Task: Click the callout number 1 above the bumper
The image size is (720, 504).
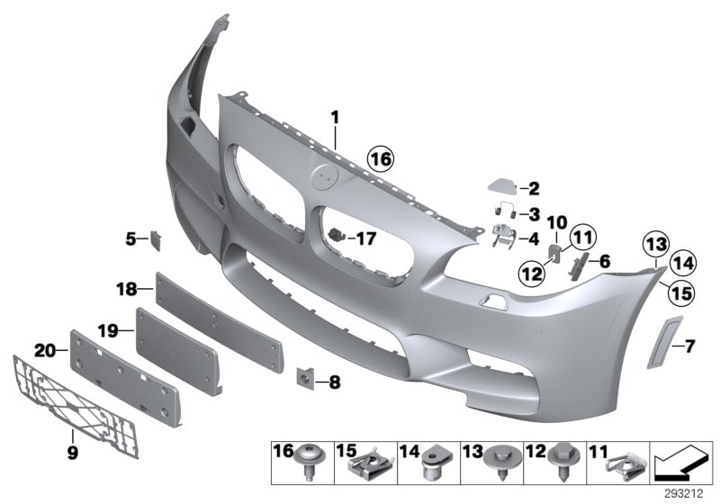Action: click(334, 117)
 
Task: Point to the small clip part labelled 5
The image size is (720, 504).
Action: click(156, 238)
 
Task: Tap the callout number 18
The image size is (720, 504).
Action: click(126, 289)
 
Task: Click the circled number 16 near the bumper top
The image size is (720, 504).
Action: click(380, 160)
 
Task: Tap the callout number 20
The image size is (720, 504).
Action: click(44, 348)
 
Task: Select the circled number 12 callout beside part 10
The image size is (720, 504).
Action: click(533, 272)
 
